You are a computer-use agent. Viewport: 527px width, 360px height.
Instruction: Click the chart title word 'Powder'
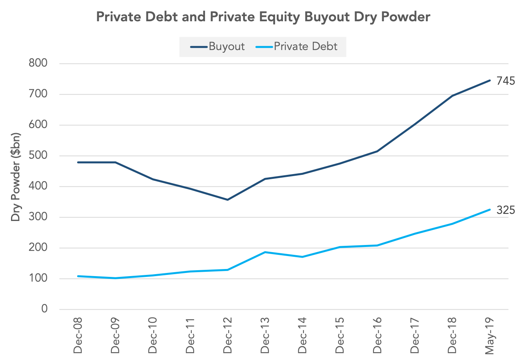click(x=406, y=17)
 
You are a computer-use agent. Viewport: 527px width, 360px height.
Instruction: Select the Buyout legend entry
click(x=217, y=46)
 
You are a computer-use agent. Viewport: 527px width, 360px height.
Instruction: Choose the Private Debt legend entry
click(x=296, y=46)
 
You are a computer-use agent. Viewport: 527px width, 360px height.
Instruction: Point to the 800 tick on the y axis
click(x=38, y=63)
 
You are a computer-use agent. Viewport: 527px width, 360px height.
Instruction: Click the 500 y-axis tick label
click(x=38, y=156)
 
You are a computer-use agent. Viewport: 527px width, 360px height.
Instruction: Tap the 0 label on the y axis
click(x=44, y=309)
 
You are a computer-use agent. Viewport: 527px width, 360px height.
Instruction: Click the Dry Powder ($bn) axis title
click(x=16, y=177)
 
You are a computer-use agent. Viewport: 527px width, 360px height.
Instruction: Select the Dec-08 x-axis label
click(x=78, y=335)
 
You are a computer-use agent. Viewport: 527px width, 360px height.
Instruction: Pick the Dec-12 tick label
click(x=227, y=335)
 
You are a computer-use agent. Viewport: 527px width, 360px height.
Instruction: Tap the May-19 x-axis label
click(x=490, y=336)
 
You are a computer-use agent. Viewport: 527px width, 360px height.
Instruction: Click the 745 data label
click(x=506, y=81)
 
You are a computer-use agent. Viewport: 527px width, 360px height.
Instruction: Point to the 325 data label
click(x=506, y=210)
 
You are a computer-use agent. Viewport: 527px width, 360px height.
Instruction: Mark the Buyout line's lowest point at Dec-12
click(x=227, y=200)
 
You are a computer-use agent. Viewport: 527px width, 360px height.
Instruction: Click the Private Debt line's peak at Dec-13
click(x=265, y=252)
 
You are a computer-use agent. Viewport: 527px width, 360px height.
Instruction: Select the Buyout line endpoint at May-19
click(x=490, y=80)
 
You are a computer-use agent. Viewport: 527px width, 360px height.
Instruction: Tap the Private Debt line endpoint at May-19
click(x=490, y=210)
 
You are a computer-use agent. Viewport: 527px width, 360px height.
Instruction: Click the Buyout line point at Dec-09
click(x=115, y=162)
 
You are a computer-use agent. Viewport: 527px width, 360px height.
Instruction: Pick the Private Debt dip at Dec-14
click(x=302, y=257)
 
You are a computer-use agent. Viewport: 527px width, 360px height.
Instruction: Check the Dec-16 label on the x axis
click(x=377, y=335)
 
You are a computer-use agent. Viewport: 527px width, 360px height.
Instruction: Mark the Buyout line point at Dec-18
click(x=453, y=96)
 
